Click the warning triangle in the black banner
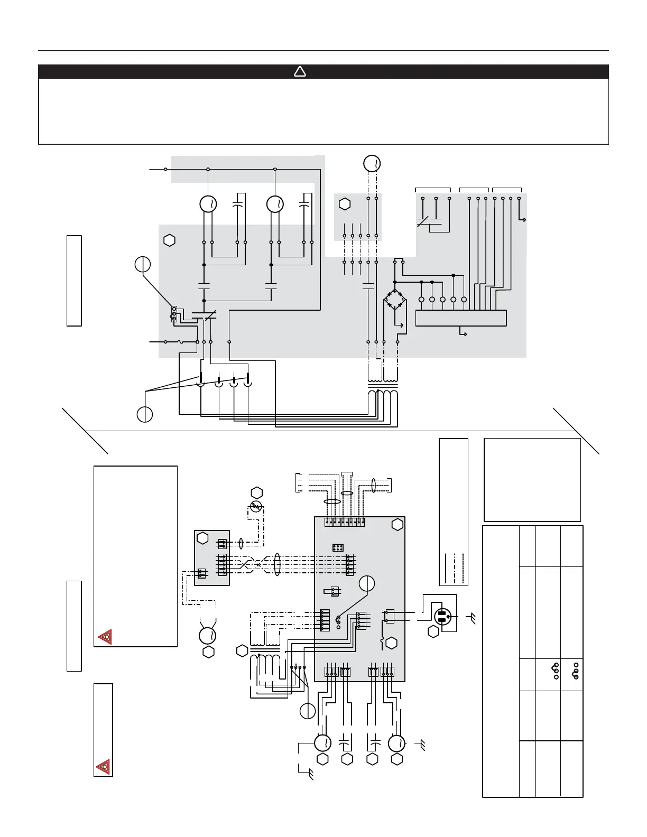click(300, 71)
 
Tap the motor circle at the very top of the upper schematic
click(372, 163)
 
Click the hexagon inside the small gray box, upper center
click(345, 203)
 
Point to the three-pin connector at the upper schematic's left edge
click(174, 314)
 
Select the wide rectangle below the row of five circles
click(461, 318)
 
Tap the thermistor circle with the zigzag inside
click(256, 507)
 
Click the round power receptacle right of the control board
click(442, 616)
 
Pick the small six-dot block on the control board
click(338, 547)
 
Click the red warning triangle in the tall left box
click(105, 637)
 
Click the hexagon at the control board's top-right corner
click(398, 524)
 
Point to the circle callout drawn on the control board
click(367, 583)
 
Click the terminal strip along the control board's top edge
click(345, 522)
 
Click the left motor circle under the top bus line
click(208, 203)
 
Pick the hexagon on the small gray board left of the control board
click(202, 538)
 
